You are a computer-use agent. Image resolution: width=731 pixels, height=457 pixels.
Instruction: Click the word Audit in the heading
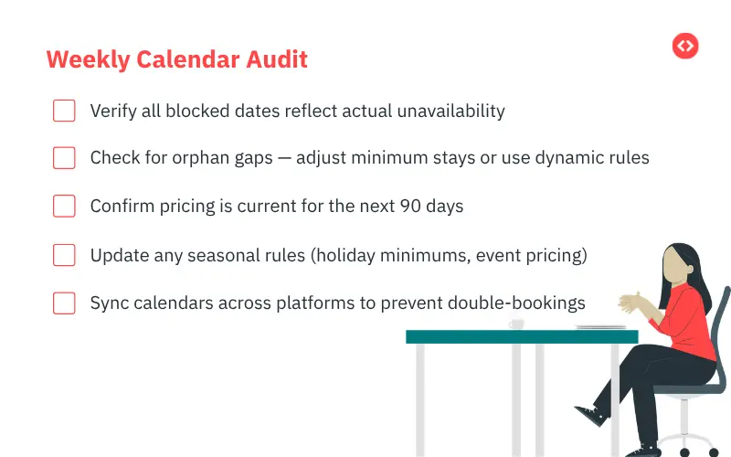[x=277, y=59]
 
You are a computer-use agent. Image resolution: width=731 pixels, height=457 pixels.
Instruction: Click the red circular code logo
[x=685, y=46]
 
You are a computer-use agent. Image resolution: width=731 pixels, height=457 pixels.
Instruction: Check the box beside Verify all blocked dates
[x=64, y=111]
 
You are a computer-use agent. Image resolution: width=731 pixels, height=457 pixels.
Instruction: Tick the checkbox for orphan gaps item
[x=64, y=157]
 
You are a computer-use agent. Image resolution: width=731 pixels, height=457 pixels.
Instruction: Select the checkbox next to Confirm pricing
[x=64, y=206]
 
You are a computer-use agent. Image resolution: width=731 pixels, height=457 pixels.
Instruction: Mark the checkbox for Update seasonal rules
[x=64, y=255]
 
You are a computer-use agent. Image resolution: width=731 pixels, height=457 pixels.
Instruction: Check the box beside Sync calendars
[x=64, y=303]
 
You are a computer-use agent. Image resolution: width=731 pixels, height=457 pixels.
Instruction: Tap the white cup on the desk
[x=516, y=324]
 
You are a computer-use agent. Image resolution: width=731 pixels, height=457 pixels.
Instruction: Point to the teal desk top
[x=521, y=336]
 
